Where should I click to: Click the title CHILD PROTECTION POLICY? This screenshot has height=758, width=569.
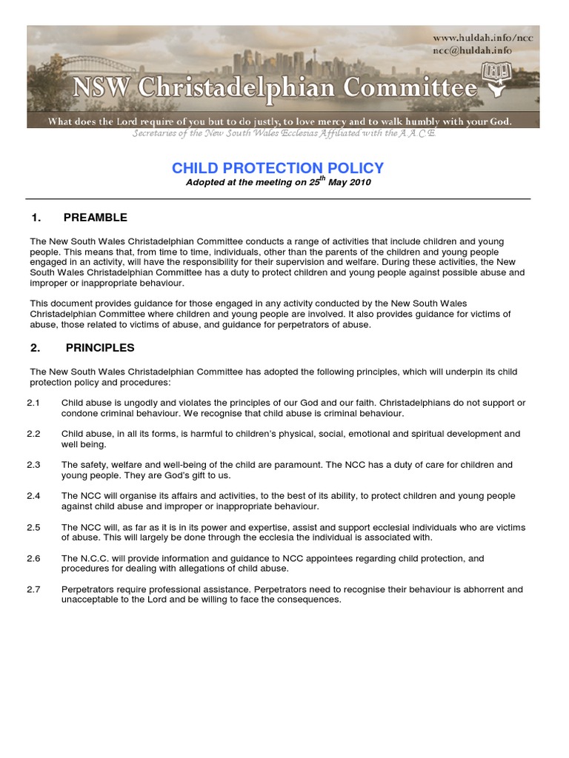pyautogui.click(x=278, y=168)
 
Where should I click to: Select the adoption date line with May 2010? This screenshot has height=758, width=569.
pyautogui.click(x=278, y=182)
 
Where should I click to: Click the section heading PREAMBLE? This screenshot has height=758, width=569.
pyautogui.click(x=96, y=218)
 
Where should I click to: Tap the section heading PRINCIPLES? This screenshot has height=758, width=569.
pyautogui.click(x=99, y=347)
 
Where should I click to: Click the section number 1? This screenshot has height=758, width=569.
pyautogui.click(x=35, y=218)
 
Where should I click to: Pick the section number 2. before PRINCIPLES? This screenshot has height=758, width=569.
pyautogui.click(x=35, y=347)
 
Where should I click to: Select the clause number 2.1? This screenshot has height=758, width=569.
pyautogui.click(x=33, y=403)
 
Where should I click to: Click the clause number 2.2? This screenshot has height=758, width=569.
pyautogui.click(x=33, y=434)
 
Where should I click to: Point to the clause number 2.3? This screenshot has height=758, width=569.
pyautogui.click(x=33, y=465)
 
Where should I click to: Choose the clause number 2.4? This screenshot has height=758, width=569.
pyautogui.click(x=33, y=496)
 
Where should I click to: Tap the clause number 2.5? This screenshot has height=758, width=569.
pyautogui.click(x=33, y=527)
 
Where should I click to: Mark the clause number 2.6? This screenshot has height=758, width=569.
pyautogui.click(x=33, y=558)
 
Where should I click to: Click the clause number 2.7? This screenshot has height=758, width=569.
pyautogui.click(x=33, y=589)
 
